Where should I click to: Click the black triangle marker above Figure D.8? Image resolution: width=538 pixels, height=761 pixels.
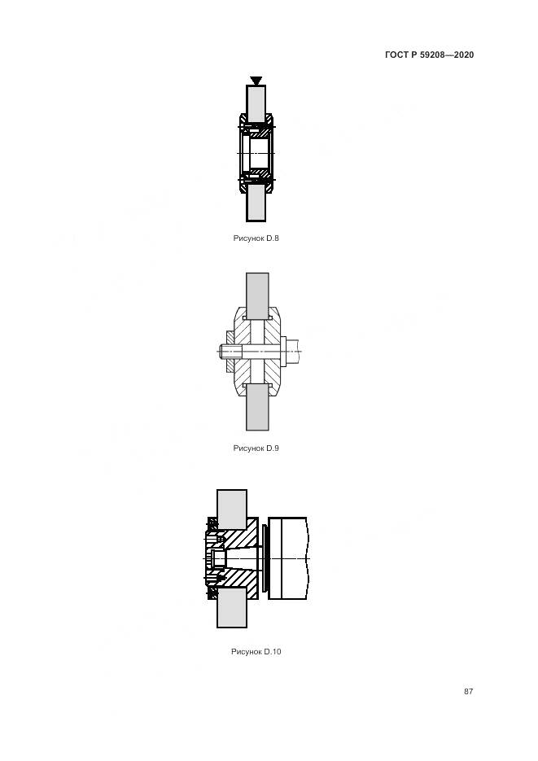[256, 81]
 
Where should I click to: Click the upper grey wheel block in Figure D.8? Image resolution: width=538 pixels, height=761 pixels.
[256, 104]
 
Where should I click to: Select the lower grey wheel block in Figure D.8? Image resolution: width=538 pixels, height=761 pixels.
[256, 203]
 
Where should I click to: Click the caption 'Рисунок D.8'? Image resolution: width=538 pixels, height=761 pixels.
[256, 238]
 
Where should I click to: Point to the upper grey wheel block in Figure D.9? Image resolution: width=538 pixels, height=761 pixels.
[257, 295]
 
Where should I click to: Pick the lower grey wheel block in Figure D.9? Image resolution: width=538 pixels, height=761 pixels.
[257, 407]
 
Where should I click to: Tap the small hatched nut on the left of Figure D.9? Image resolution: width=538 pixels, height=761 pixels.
[230, 352]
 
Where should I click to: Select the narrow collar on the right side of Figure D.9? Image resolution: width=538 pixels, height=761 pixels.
[284, 352]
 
